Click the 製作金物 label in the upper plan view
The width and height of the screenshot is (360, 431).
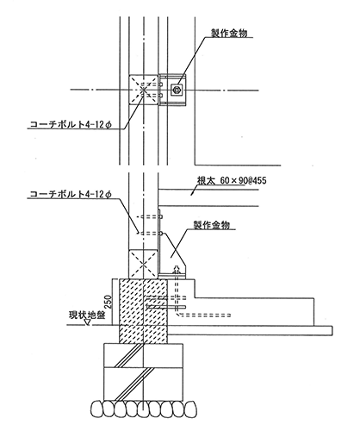229,33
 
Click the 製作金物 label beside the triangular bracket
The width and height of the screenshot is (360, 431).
212,225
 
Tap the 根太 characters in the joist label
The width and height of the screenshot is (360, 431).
206,181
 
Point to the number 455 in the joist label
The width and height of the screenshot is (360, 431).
260,181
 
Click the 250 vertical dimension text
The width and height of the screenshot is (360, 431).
108,302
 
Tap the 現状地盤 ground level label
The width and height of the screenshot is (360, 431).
87,315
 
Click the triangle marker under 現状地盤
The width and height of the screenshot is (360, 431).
87,323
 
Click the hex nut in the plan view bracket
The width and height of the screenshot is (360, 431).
176,91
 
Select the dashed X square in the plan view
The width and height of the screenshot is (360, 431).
143,91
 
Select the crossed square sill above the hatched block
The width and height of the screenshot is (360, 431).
143,264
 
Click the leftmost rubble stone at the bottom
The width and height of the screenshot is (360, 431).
96,409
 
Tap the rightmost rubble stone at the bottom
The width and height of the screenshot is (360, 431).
190,409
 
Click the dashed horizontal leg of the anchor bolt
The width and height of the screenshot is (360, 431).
205,315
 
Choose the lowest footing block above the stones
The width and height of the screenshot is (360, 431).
143,384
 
